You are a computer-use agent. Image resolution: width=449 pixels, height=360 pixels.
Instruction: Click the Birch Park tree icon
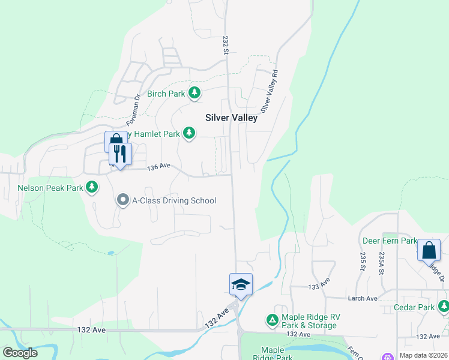pyautogui.click(x=194, y=93)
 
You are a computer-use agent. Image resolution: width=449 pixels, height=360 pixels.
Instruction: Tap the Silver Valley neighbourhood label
pyautogui.click(x=232, y=118)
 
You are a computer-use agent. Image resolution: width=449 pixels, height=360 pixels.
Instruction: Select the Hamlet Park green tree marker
pyautogui.click(x=189, y=133)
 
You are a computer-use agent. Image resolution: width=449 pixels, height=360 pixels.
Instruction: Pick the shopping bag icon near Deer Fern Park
pyautogui.click(x=429, y=250)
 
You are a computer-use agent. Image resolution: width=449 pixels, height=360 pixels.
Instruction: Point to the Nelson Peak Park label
pyautogui.click(x=50, y=188)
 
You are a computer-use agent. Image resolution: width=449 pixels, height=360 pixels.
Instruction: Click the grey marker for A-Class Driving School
pyautogui.click(x=123, y=200)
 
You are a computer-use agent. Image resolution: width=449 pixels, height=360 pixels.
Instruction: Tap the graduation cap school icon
pyautogui.click(x=241, y=284)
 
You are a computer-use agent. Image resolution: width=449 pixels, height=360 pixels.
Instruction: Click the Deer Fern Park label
pyautogui.click(x=390, y=241)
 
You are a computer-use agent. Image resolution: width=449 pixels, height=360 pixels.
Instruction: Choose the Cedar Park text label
pyautogui.click(x=414, y=308)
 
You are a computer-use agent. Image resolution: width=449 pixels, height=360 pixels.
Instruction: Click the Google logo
pyautogui.click(x=20, y=353)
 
